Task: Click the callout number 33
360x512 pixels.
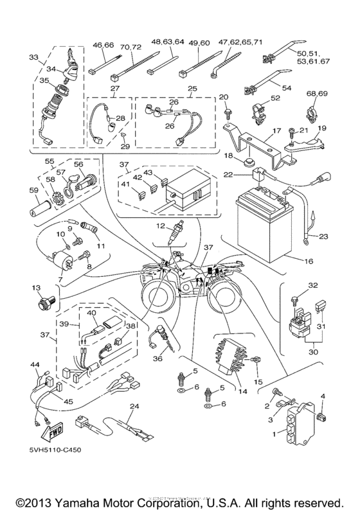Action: click(34, 57)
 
